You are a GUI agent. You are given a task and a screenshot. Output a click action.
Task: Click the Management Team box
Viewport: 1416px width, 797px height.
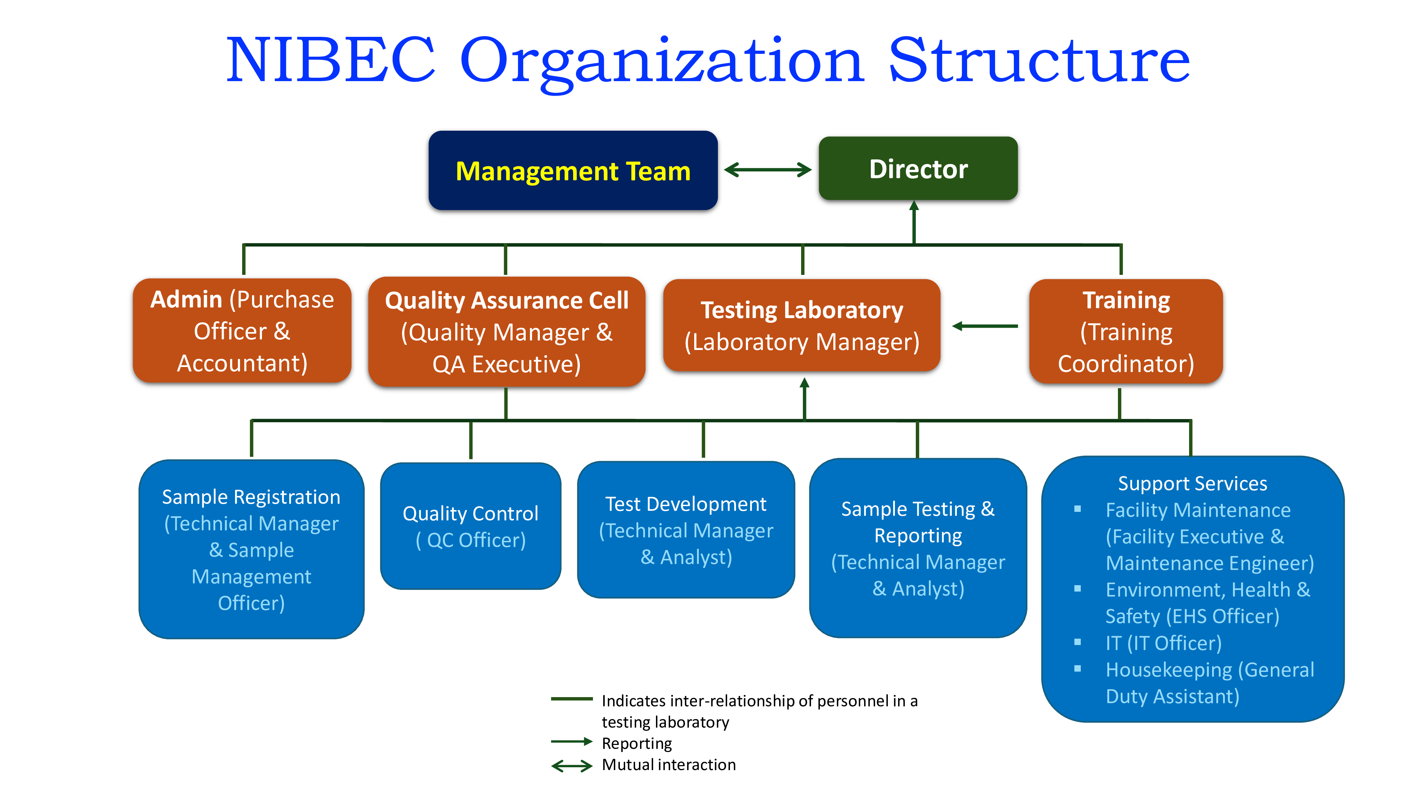573,170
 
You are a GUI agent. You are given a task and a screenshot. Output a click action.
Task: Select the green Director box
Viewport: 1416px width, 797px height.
918,168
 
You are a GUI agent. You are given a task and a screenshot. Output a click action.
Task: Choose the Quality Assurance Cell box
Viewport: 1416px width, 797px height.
506,332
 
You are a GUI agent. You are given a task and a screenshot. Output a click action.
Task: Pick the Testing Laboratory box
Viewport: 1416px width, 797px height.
801,326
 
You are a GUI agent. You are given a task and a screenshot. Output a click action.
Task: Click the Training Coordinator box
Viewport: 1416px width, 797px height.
1126,331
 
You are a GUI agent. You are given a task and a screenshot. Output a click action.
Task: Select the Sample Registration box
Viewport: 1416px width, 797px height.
251,549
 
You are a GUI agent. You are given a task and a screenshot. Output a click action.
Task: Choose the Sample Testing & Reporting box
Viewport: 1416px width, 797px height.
918,548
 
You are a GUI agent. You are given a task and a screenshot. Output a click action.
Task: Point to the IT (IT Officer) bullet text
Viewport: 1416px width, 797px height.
1163,643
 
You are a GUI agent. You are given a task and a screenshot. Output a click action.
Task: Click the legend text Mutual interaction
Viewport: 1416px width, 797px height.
668,764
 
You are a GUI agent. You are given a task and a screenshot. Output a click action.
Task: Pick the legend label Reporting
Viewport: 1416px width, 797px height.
636,743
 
